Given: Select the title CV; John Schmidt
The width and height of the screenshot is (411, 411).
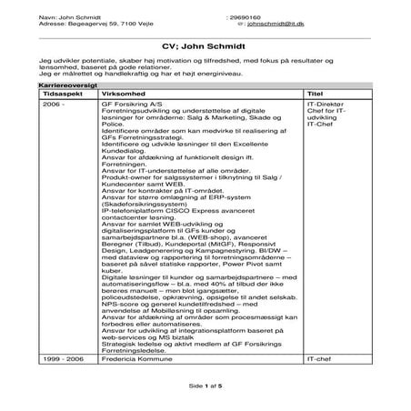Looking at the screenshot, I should [x=205, y=45].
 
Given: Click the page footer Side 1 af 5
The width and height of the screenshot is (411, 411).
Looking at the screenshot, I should [x=205, y=386].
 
